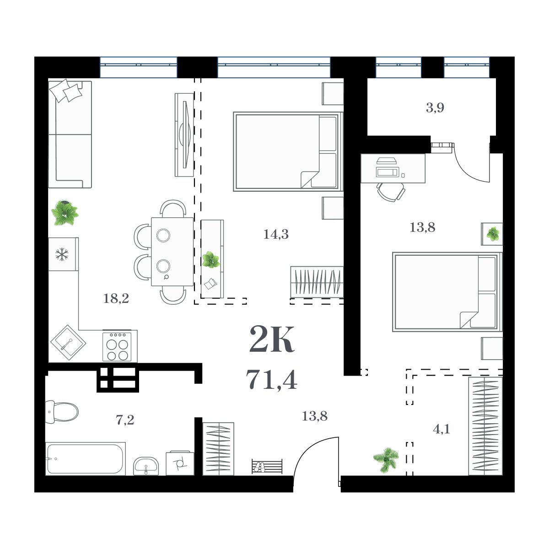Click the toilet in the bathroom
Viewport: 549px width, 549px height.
click(x=62, y=411)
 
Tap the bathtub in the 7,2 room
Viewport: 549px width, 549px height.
click(x=85, y=458)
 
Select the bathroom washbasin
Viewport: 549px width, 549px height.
click(x=146, y=466)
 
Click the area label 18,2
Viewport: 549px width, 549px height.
click(x=116, y=299)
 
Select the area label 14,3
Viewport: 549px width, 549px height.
click(x=276, y=235)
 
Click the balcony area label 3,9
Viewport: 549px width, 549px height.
click(x=435, y=108)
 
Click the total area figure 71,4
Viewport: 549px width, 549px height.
click(x=272, y=379)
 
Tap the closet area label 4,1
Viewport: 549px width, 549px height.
click(x=441, y=429)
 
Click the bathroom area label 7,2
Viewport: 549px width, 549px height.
click(x=125, y=420)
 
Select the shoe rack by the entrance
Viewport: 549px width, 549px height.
click(x=267, y=467)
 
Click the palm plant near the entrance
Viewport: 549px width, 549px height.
click(x=385, y=459)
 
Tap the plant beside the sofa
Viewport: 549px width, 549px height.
click(x=65, y=213)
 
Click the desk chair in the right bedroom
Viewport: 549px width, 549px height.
click(x=391, y=192)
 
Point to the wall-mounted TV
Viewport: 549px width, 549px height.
click(x=185, y=135)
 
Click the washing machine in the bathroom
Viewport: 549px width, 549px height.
click(x=180, y=463)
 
